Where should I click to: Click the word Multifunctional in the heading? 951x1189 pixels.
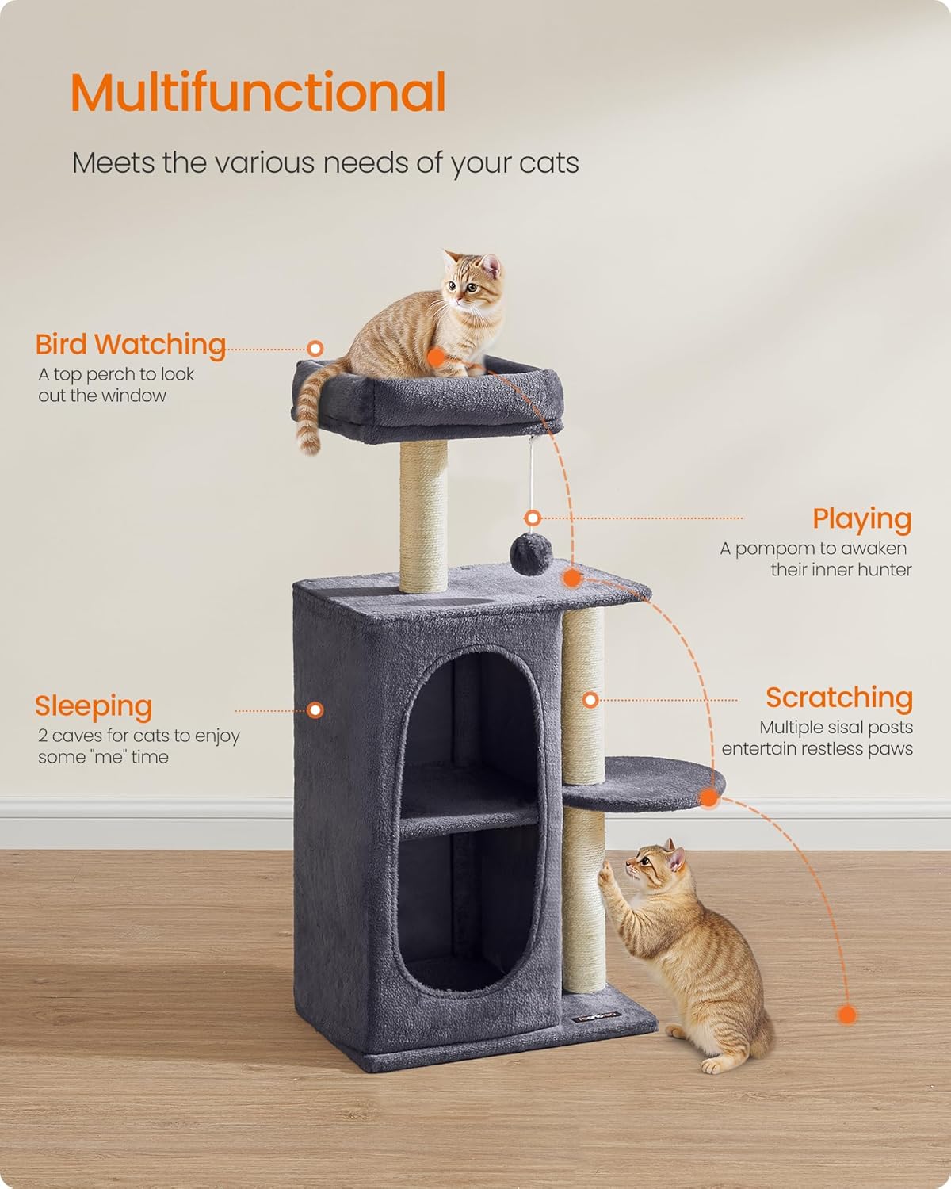click(258, 92)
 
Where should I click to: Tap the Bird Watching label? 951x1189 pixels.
click(131, 345)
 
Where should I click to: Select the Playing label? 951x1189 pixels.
click(861, 519)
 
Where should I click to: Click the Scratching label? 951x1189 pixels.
click(838, 698)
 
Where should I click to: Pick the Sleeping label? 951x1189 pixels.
click(94, 705)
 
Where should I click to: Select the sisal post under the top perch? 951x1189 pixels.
click(423, 515)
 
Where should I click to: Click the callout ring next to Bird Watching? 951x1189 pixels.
click(315, 348)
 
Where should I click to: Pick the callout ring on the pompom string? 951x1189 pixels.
click(533, 518)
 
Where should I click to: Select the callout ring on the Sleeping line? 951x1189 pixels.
click(315, 710)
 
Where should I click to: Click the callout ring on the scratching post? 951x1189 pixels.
click(590, 700)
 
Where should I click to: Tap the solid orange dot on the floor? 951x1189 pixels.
click(847, 1015)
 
